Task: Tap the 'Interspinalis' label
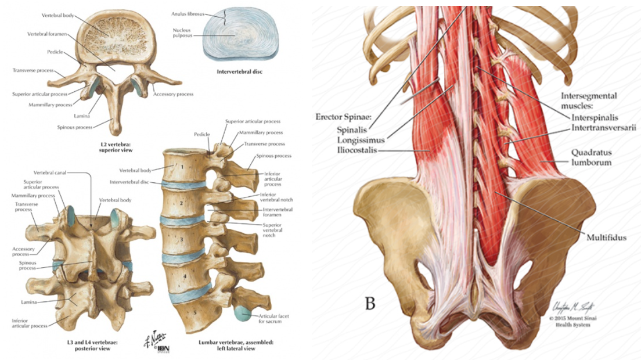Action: tap(593, 117)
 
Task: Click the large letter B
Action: tap(370, 303)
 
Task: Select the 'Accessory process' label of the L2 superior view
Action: tap(174, 93)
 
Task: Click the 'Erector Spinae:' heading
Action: tap(343, 117)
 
